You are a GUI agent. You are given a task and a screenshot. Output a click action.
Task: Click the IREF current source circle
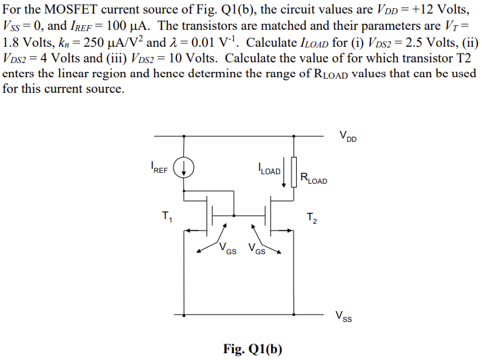click(x=186, y=166)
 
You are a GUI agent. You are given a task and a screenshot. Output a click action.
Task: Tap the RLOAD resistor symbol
click(x=294, y=172)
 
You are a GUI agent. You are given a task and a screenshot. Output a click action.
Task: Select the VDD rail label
click(x=348, y=138)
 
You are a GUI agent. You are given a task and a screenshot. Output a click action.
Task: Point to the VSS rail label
click(x=344, y=315)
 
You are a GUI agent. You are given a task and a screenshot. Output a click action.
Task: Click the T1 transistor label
click(x=167, y=217)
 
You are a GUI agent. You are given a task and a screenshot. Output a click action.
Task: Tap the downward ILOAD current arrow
click(x=283, y=172)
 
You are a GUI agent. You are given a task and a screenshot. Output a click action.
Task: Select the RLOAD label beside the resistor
click(x=313, y=180)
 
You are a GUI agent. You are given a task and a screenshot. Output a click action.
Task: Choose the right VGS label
click(x=256, y=249)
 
